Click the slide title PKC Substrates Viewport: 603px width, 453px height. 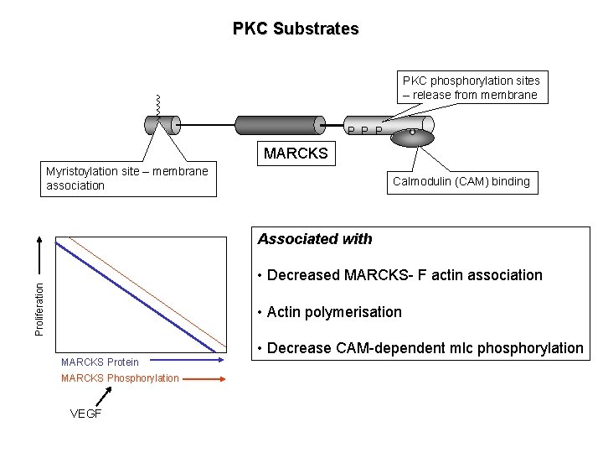296,29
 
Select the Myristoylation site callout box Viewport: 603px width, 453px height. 127,179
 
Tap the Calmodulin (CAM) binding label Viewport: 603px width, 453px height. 461,181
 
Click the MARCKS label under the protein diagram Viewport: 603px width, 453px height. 296,154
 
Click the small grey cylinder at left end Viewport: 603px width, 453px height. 162,125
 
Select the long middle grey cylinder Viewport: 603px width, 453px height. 281,125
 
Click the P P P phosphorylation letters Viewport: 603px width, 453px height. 366,131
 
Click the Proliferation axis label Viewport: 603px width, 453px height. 39,308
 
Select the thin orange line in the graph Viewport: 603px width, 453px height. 151,288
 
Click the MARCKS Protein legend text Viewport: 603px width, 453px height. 100,362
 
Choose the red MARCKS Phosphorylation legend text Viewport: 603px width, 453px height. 120,378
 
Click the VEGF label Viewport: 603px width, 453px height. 85,414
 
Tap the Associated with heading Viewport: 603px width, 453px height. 315,239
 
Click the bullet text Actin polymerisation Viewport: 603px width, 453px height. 333,312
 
